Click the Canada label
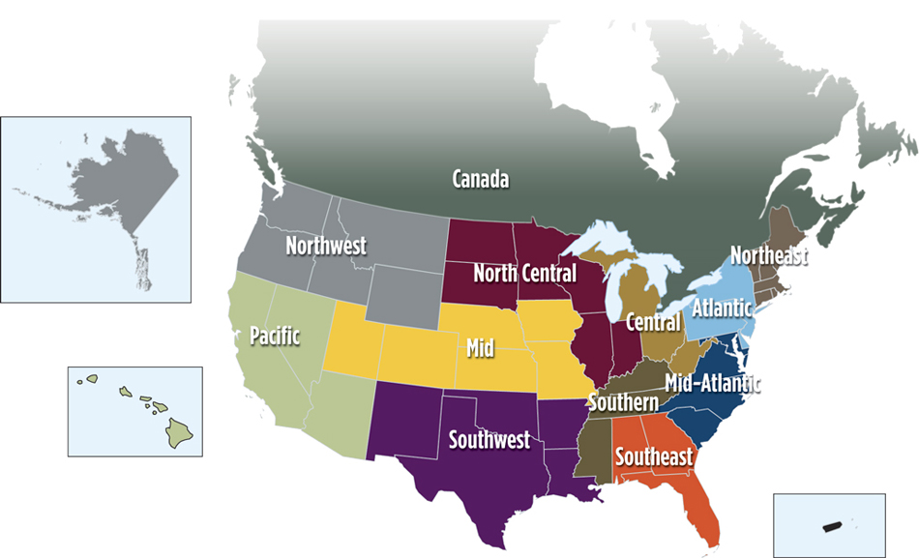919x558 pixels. pyautogui.click(x=481, y=179)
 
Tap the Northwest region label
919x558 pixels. pyautogui.click(x=326, y=246)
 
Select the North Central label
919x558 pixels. pyautogui.click(x=524, y=274)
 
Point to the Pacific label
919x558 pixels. pyautogui.click(x=275, y=336)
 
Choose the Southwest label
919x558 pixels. pyautogui.click(x=489, y=440)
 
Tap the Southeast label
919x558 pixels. pyautogui.click(x=654, y=455)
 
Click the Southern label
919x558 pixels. pyautogui.click(x=623, y=401)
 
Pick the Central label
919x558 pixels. pyautogui.click(x=653, y=321)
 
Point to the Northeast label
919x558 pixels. pyautogui.click(x=768, y=255)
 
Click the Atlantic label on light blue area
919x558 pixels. pyautogui.click(x=721, y=308)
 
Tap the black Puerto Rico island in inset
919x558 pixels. pyautogui.click(x=830, y=526)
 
